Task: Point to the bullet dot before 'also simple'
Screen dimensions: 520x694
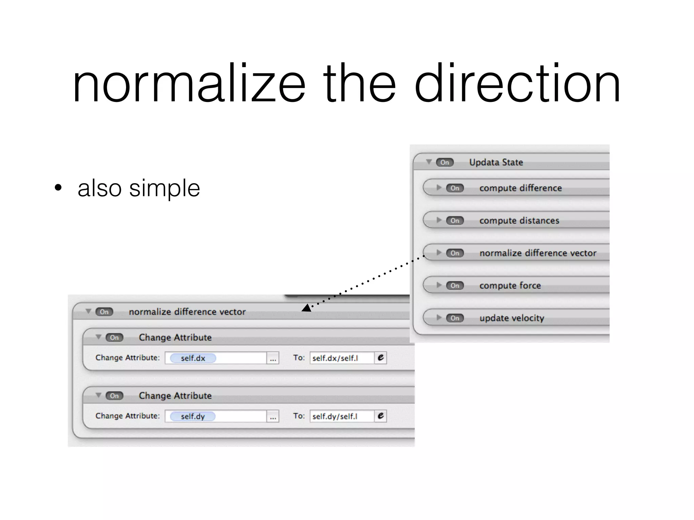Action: point(58,188)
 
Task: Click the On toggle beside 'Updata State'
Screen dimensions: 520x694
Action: point(444,162)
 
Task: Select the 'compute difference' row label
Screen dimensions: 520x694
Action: point(520,188)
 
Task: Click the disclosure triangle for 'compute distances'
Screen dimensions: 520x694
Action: point(439,220)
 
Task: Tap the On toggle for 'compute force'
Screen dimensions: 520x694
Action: point(455,285)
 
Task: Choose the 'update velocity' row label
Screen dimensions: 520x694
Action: point(512,318)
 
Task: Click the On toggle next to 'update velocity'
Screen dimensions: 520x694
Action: point(455,318)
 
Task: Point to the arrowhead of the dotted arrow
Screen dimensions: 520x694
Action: point(306,308)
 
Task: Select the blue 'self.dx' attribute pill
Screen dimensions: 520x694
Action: point(193,358)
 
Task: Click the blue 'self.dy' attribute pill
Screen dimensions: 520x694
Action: point(193,416)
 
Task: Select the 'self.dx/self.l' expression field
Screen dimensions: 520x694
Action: point(342,358)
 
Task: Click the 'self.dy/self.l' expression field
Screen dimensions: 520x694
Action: point(342,416)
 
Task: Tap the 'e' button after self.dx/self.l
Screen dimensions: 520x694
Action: point(381,358)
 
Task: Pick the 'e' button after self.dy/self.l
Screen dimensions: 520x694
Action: point(381,416)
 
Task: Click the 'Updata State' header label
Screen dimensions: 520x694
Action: point(496,162)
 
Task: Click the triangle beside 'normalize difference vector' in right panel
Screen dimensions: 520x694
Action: point(439,253)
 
